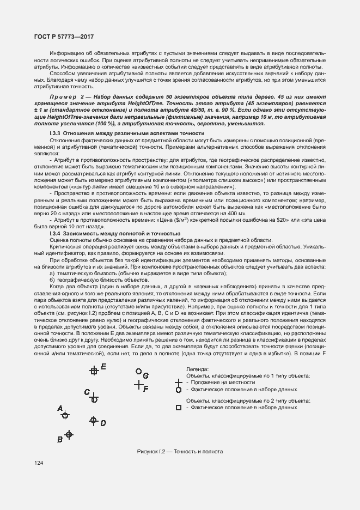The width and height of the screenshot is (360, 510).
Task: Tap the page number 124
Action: click(x=39, y=463)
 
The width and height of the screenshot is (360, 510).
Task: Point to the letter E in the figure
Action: click(x=103, y=367)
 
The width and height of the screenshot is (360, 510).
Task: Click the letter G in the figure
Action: click(x=146, y=375)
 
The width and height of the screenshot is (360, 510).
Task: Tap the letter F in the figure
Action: click(x=146, y=388)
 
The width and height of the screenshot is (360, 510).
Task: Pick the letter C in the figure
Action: click(x=87, y=392)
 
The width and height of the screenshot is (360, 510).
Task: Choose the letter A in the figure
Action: click(x=60, y=408)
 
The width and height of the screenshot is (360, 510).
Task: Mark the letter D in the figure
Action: click(x=103, y=423)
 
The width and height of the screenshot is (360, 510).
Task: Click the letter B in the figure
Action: click(x=60, y=439)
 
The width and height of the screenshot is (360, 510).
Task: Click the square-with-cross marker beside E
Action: click(x=94, y=371)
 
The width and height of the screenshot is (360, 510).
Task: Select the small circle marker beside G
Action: click(x=139, y=372)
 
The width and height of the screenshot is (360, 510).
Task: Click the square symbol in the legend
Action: click(x=178, y=408)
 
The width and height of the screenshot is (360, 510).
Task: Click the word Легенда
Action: click(x=197, y=369)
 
